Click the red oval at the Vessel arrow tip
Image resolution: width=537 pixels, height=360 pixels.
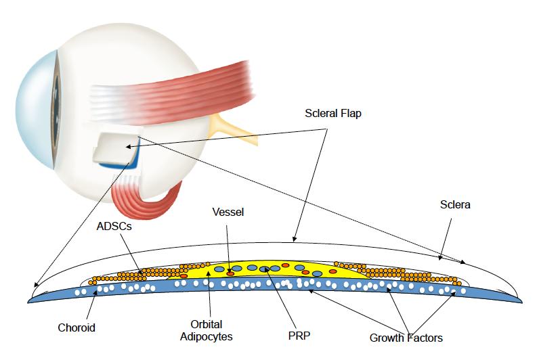click(x=231, y=273)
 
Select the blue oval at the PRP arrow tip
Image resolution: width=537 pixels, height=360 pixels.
click(x=265, y=270)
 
